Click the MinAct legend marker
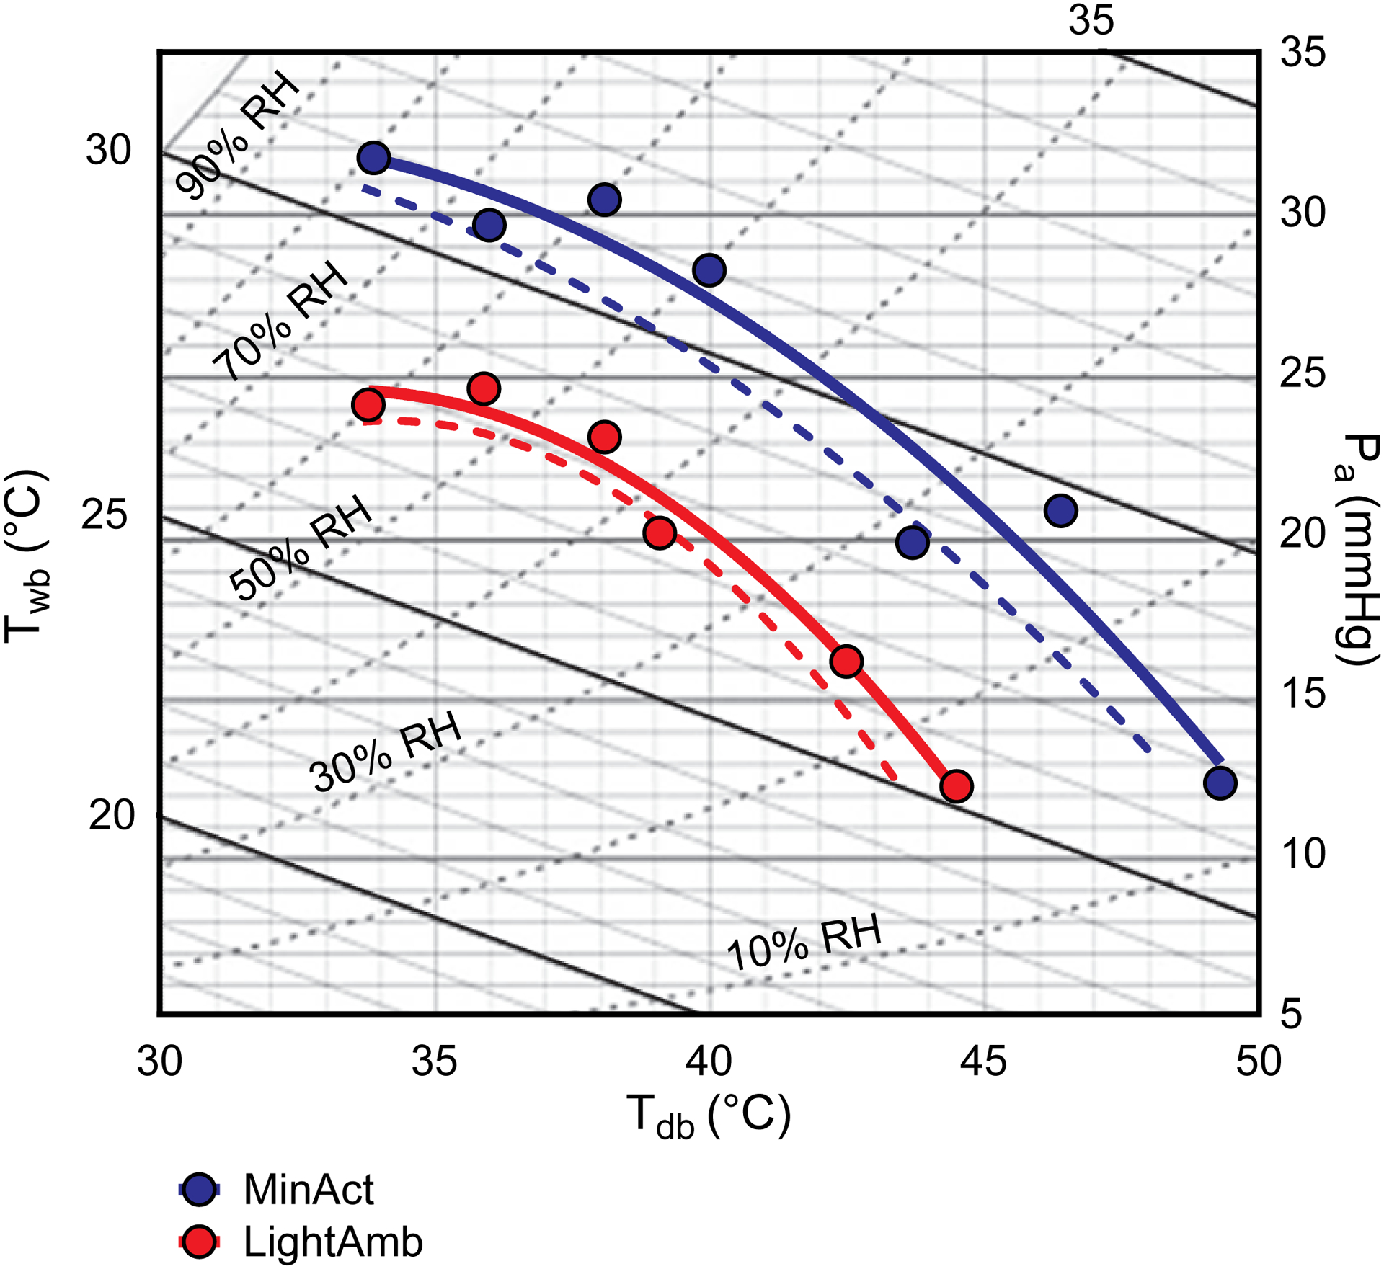[199, 1190]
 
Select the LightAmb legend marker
[199, 1242]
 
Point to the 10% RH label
[804, 943]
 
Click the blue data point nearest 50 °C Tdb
[1220, 783]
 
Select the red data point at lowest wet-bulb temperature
[957, 786]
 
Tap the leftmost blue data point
[374, 157]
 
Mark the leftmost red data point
[368, 406]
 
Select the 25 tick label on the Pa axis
[1303, 373]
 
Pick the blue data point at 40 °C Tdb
[709, 270]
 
